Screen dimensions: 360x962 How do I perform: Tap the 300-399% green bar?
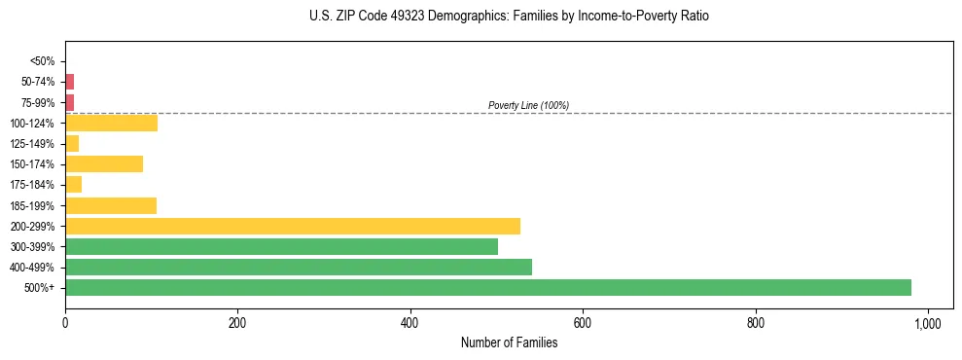(281, 246)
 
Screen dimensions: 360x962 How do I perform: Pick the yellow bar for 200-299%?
(293, 226)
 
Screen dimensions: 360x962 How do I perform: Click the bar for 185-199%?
(111, 205)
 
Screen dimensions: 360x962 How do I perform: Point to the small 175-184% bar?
(73, 185)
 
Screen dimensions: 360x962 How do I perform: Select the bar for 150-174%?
(104, 163)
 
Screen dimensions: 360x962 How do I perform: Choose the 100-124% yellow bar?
(111, 123)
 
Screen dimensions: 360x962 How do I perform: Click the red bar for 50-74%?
(69, 82)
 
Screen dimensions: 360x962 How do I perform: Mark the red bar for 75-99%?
(69, 102)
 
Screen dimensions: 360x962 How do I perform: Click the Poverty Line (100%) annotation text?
(528, 105)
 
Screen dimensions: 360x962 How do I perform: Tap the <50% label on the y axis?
(43, 61)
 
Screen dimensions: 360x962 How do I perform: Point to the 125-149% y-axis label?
(33, 144)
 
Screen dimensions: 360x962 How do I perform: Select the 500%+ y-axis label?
(39, 288)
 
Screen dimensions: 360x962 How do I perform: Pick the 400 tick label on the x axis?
(410, 323)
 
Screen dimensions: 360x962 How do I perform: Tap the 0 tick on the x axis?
(65, 323)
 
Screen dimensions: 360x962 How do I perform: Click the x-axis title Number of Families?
(509, 342)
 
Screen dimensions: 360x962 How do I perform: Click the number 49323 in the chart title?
(394, 17)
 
